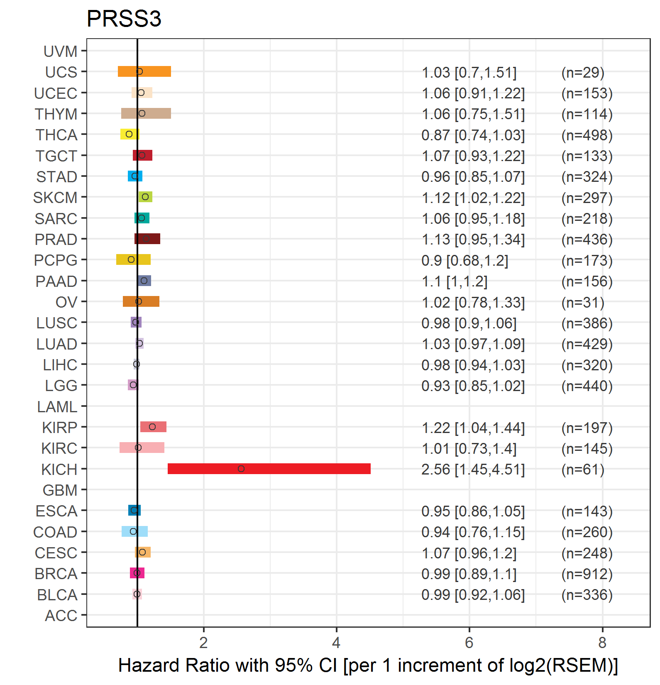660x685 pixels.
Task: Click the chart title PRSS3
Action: click(x=124, y=19)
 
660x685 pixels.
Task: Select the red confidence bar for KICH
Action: click(x=269, y=469)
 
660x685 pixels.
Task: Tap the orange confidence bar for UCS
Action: click(x=144, y=71)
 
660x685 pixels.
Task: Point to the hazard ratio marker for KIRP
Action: click(x=152, y=427)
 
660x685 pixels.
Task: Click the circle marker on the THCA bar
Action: click(x=129, y=134)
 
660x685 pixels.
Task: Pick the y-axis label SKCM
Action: click(x=55, y=198)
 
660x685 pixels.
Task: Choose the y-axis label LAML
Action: click(x=57, y=407)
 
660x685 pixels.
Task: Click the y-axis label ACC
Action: click(x=61, y=616)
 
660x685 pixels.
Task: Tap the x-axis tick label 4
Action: click(x=336, y=643)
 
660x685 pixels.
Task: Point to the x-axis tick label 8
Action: click(x=602, y=643)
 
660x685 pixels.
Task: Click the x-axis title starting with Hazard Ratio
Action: click(x=368, y=665)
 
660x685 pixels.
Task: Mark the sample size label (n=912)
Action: click(x=587, y=574)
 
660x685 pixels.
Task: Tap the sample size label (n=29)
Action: click(x=583, y=73)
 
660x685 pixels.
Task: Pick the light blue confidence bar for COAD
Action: click(x=134, y=531)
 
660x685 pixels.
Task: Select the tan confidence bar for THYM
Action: click(x=146, y=113)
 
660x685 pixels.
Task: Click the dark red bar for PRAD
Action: click(x=147, y=239)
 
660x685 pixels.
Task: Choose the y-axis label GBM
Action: click(x=60, y=490)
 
